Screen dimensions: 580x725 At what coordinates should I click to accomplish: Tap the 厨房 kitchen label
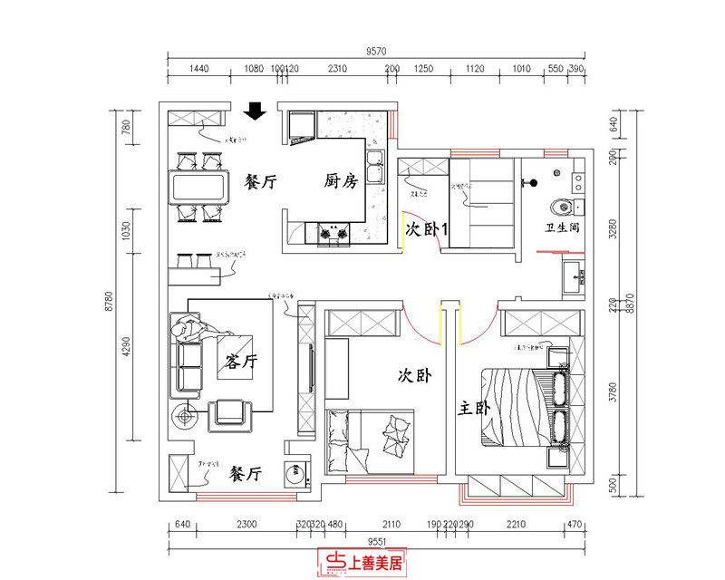(x=341, y=181)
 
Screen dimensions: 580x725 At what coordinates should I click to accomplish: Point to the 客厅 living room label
(x=240, y=362)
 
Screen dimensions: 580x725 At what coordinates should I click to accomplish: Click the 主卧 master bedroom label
(x=474, y=410)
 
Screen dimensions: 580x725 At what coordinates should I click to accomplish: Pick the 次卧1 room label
(x=426, y=230)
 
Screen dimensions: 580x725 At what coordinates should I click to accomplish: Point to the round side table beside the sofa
(x=187, y=418)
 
